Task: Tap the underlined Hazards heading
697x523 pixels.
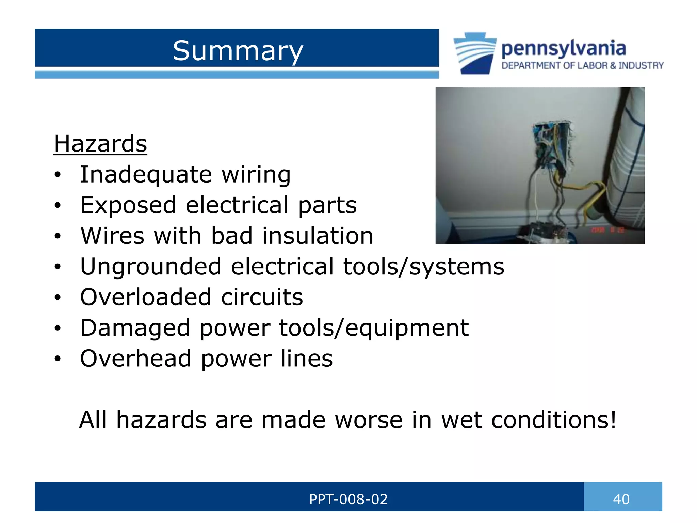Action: coord(100,144)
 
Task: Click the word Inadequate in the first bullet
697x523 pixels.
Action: coord(146,174)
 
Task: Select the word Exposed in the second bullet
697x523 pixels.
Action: coord(128,205)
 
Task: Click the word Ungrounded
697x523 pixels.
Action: coord(150,266)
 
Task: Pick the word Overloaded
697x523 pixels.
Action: coord(146,297)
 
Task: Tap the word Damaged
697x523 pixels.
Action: coord(135,328)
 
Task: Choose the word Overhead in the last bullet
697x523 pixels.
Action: coord(135,359)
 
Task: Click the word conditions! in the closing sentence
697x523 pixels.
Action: coord(554,419)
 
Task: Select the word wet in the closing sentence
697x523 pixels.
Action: coord(461,419)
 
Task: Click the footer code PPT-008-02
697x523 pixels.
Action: coord(348,499)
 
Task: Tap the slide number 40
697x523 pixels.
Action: coord(621,499)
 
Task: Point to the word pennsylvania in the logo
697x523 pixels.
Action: coord(564,49)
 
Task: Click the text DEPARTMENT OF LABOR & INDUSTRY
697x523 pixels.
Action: coord(582,65)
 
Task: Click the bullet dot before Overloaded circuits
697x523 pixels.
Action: coord(58,298)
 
